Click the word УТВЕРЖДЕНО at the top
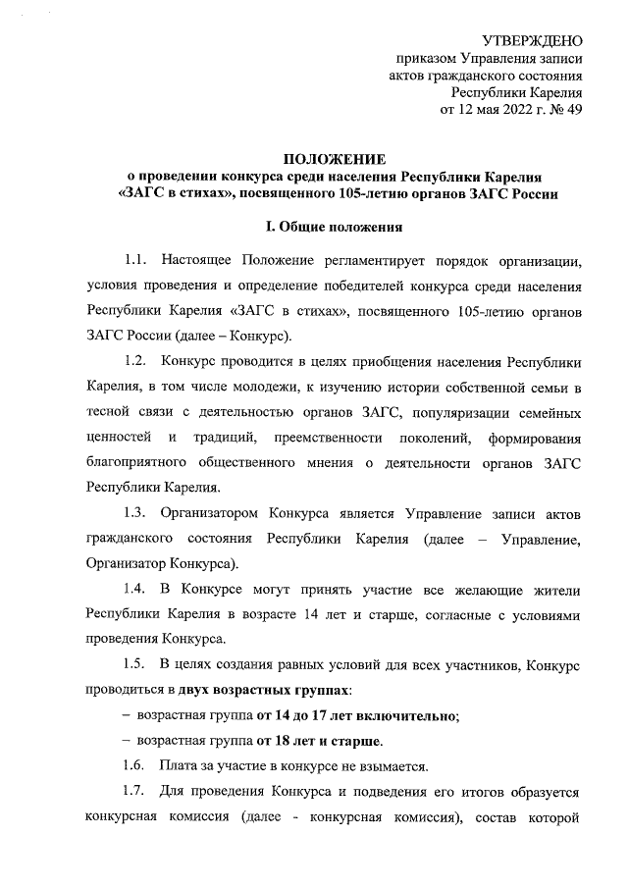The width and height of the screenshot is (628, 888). pyautogui.click(x=527, y=40)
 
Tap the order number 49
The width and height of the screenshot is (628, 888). pyautogui.click(x=575, y=109)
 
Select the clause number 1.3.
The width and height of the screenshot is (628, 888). pyautogui.click(x=135, y=513)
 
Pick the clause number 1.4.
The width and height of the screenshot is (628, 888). pyautogui.click(x=135, y=590)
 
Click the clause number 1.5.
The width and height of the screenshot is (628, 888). pyautogui.click(x=135, y=666)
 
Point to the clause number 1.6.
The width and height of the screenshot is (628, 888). pyautogui.click(x=135, y=765)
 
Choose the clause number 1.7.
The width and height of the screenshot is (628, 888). pyautogui.click(x=135, y=791)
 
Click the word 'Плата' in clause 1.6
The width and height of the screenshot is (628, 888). pyautogui.click(x=183, y=765)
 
